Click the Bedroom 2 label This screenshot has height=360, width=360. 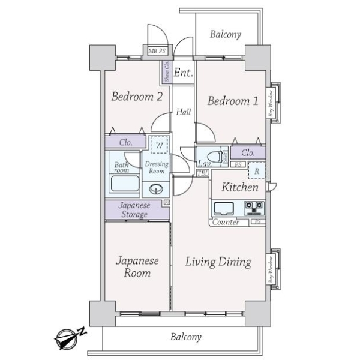137,97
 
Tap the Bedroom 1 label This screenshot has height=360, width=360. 233,101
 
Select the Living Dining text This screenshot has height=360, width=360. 218,262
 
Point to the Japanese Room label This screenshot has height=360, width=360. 137,267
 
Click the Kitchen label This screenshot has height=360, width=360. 240,187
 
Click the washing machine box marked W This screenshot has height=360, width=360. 159,145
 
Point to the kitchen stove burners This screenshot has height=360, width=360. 254,208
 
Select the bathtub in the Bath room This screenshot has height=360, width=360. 125,187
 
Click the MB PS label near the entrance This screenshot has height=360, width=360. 157,52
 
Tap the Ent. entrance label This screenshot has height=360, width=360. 184,73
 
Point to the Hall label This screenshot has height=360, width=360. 183,112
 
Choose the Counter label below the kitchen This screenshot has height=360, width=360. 226,223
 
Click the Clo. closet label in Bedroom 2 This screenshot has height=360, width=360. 125,143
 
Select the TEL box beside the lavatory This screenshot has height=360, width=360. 202,173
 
